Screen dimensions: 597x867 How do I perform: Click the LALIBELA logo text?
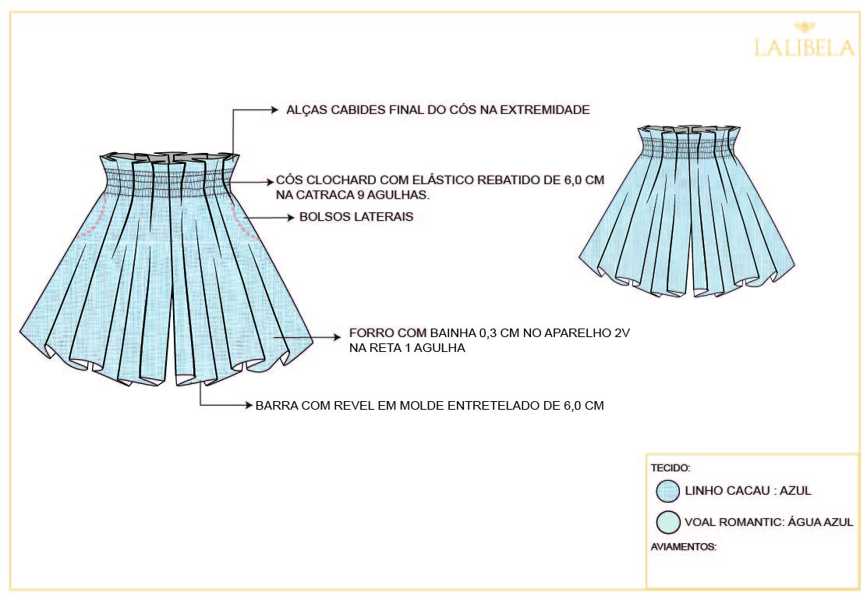click(804, 48)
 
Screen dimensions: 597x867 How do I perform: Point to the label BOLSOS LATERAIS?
click(356, 217)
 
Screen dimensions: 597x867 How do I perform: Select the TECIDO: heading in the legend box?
click(670, 468)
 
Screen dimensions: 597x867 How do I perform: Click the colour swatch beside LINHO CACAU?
click(668, 491)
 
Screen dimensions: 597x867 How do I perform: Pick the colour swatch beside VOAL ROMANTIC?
click(668, 521)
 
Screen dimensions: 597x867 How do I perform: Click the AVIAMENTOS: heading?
click(683, 547)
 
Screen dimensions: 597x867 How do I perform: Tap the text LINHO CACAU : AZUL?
click(748, 491)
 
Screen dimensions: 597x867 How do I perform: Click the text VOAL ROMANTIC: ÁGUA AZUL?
click(769, 522)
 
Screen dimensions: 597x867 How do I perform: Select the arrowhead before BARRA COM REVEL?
click(249, 406)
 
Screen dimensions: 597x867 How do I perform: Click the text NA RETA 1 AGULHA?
click(407, 349)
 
